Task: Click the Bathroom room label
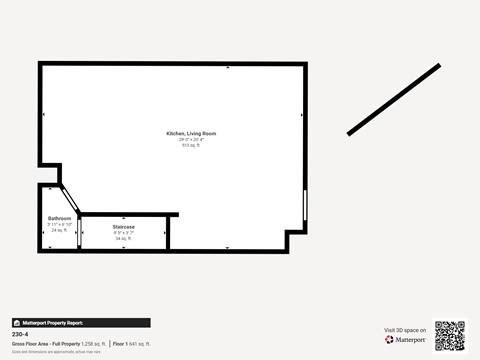[x=59, y=218]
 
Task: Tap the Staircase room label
[x=124, y=227]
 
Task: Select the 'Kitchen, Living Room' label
[x=191, y=133]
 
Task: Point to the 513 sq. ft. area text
[x=191, y=145]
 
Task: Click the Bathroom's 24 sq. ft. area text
[x=59, y=230]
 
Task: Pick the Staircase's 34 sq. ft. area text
[x=124, y=239]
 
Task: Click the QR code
[x=449, y=336]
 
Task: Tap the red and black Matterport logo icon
[x=389, y=340]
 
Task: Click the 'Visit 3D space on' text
[x=405, y=330]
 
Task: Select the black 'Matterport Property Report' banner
[x=81, y=323]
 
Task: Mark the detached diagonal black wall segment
[x=394, y=99]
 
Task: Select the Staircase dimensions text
[x=124, y=233]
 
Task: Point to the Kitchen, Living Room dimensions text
[x=191, y=139]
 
